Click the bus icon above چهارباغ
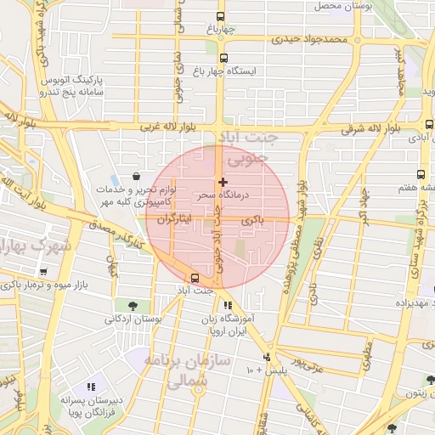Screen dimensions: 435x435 pyautogui.click(x=221, y=17)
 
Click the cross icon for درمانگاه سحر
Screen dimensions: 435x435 pyautogui.click(x=223, y=182)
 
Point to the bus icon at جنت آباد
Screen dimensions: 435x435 pyautogui.click(x=196, y=278)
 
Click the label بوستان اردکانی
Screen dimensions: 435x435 pyautogui.click(x=131, y=319)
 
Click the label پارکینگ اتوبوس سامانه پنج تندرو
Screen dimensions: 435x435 pyautogui.click(x=71, y=83)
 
